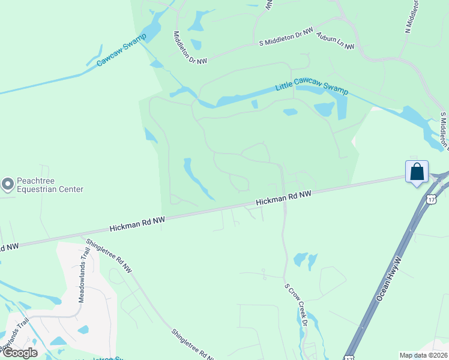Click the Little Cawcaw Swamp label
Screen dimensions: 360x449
tap(312, 88)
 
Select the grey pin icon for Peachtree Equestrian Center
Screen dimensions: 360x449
tap(8, 184)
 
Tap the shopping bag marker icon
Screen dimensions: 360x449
tap(417, 172)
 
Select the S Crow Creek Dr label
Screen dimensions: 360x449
tap(296, 305)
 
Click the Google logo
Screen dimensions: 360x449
tap(19, 353)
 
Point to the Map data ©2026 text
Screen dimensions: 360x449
tap(423, 355)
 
